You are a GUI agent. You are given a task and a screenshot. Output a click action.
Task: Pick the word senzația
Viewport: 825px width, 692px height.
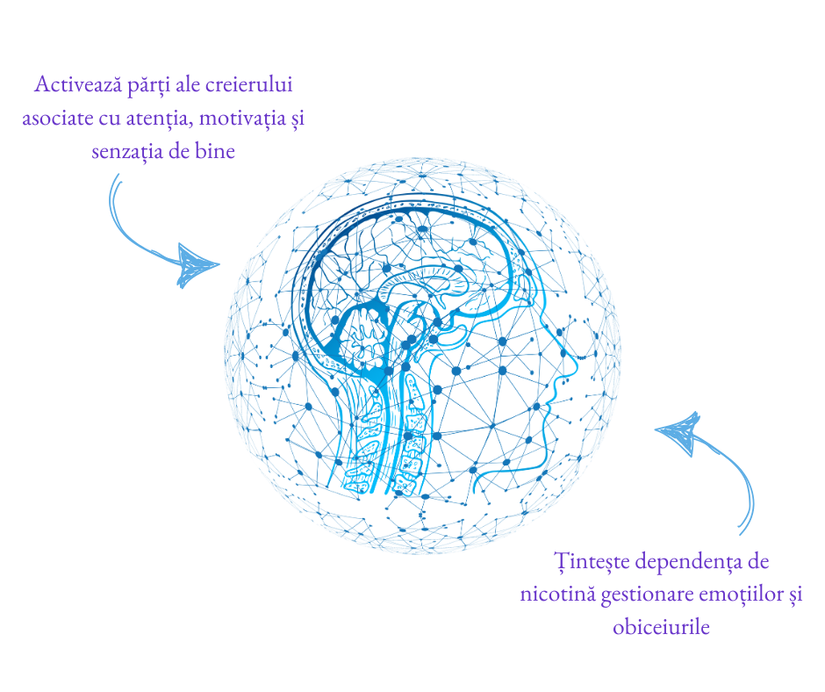click(124, 150)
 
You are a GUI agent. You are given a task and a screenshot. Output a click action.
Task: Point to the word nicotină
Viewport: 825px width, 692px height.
click(557, 595)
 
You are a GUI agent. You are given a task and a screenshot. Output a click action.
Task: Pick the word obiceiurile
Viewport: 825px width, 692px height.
click(660, 627)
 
